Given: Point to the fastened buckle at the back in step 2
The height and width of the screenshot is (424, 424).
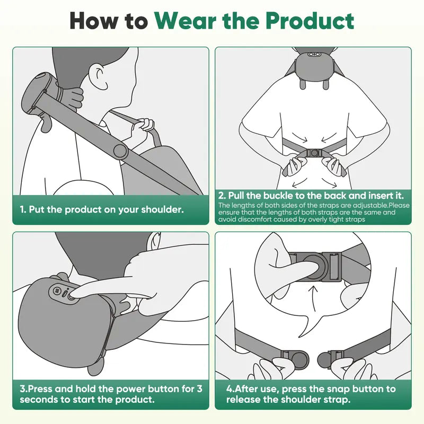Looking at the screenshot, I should point(314,153).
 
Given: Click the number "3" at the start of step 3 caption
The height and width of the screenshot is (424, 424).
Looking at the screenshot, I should point(23,389).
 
